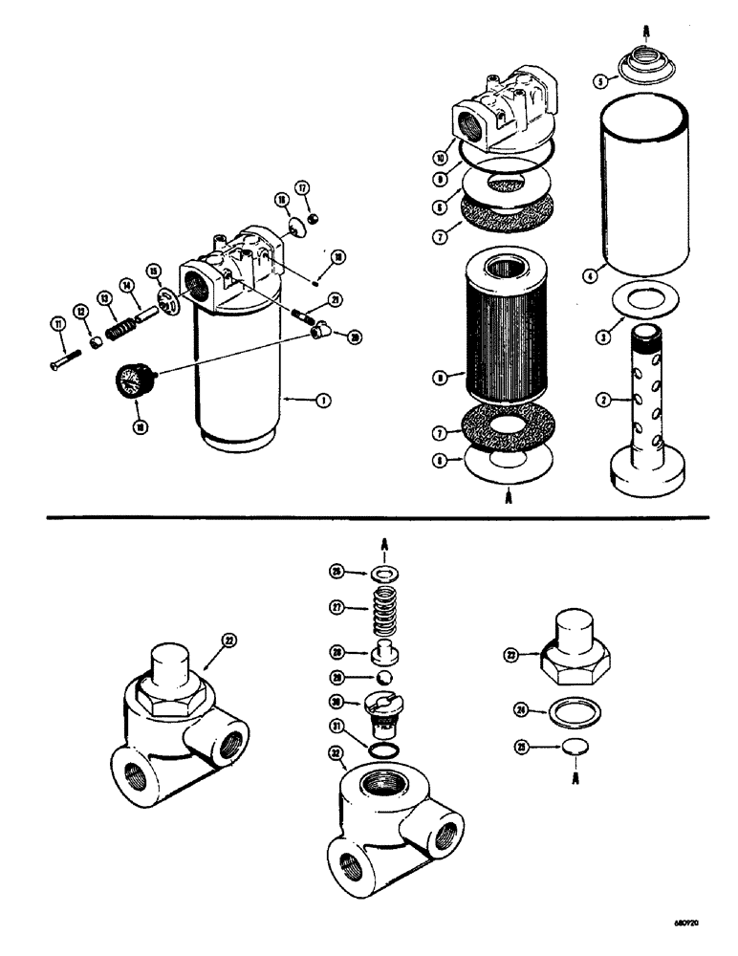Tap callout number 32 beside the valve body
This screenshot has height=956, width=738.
(x=336, y=754)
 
